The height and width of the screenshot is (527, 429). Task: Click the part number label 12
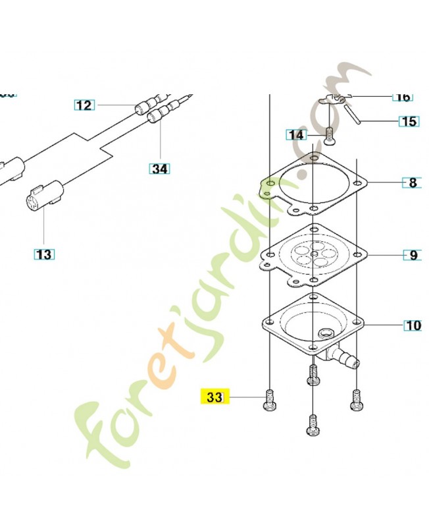pyautogui.click(x=84, y=105)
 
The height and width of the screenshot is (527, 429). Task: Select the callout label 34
pyautogui.click(x=159, y=169)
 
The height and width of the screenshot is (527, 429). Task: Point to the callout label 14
pyautogui.click(x=297, y=135)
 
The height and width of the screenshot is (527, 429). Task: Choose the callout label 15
pyautogui.click(x=408, y=121)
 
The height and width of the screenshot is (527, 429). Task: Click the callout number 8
pyautogui.click(x=413, y=182)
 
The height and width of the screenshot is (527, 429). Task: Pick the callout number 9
pyautogui.click(x=413, y=255)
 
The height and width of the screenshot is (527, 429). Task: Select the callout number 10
pyautogui.click(x=413, y=325)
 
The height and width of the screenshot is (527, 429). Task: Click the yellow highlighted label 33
pyautogui.click(x=214, y=397)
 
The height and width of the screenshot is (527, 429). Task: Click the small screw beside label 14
pyautogui.click(x=329, y=136)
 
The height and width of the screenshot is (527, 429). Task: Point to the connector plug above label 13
pyautogui.click(x=44, y=195)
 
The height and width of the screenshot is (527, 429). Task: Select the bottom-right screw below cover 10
pyautogui.click(x=357, y=399)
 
